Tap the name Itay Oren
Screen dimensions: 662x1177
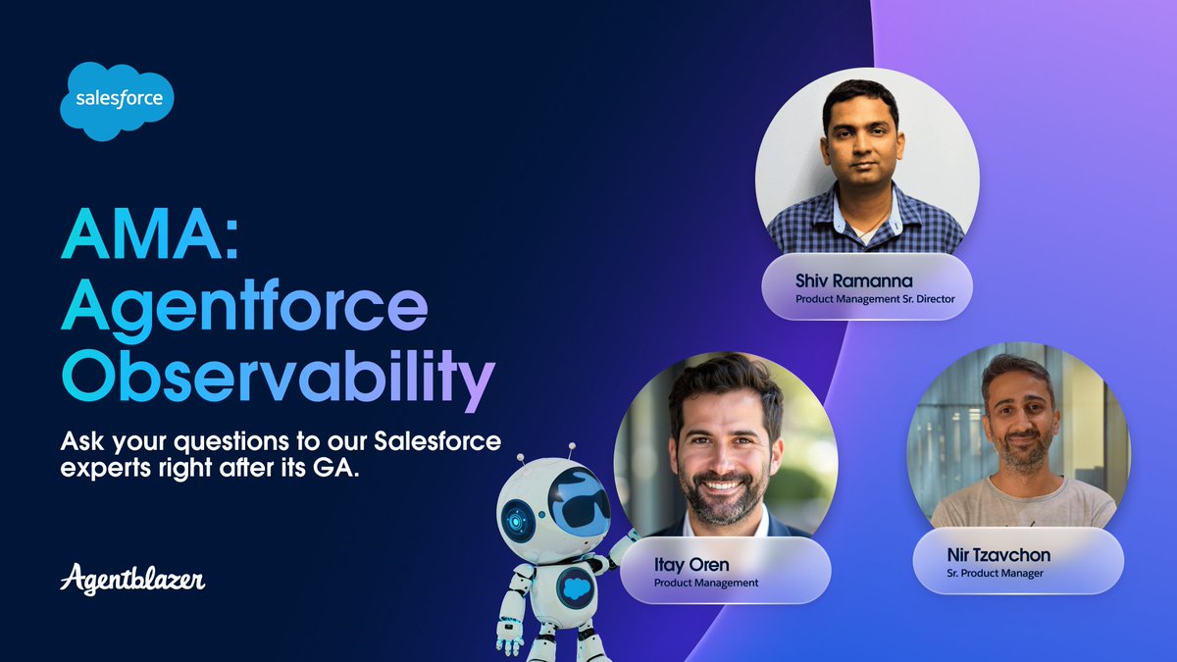coord(691,565)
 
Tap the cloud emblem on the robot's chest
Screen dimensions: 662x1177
coord(575,588)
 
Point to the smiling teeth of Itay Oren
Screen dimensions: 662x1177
coord(724,484)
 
